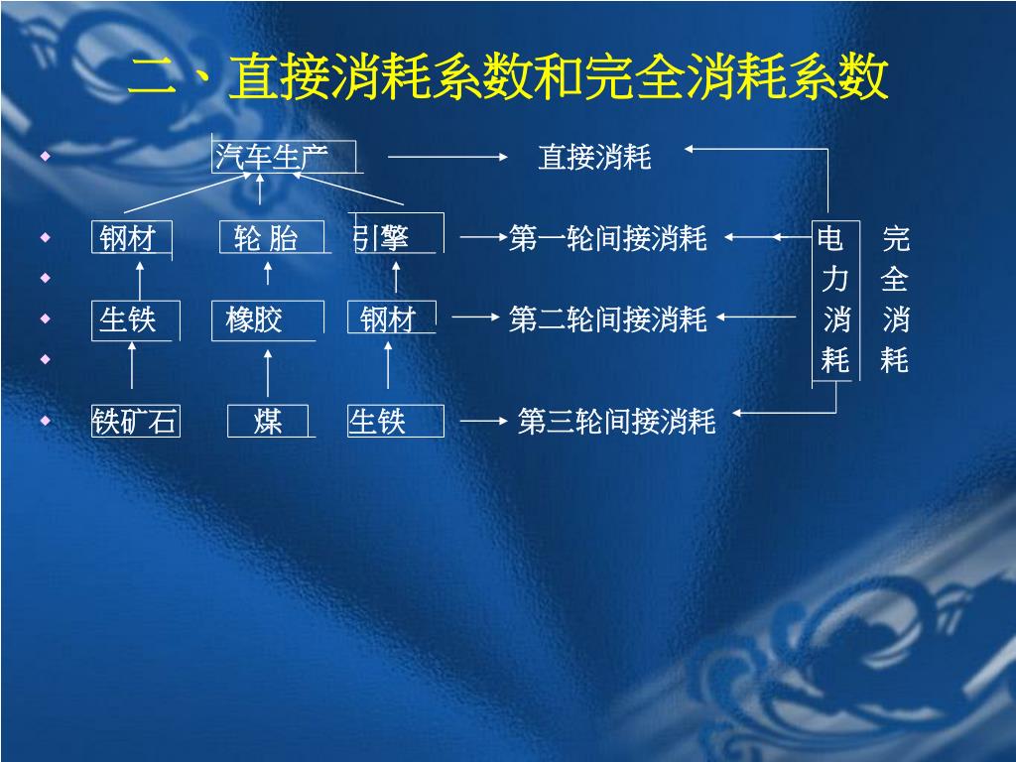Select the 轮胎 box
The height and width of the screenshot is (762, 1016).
click(266, 238)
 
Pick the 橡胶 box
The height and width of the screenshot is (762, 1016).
click(255, 319)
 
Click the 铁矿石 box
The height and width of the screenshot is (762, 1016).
click(135, 421)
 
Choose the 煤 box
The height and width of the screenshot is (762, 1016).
click(268, 421)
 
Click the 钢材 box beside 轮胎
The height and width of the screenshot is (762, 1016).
click(128, 238)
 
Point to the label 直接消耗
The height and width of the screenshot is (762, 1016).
click(594, 157)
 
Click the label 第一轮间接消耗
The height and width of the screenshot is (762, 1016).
click(607, 238)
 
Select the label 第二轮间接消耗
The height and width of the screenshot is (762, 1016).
click(607, 319)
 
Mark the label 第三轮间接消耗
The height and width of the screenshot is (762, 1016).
click(616, 422)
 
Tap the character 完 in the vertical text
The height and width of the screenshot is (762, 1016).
click(895, 238)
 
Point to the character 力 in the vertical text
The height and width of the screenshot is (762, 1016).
click(834, 280)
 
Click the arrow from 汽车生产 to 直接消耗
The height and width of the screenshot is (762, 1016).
click(447, 156)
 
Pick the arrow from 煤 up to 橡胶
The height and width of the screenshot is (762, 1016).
click(268, 371)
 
